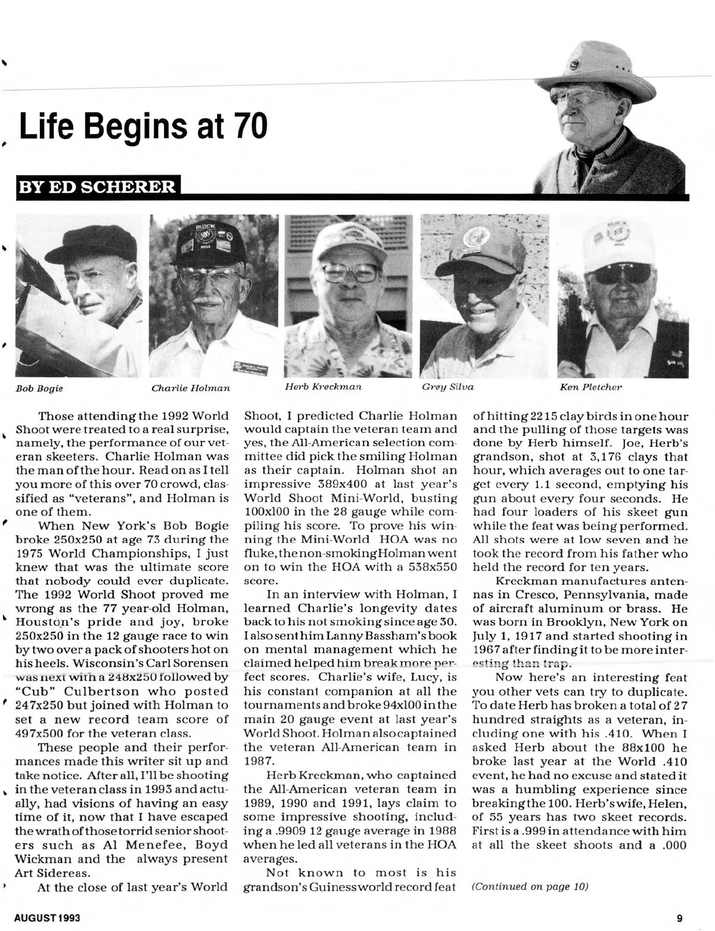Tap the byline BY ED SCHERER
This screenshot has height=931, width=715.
tap(98, 187)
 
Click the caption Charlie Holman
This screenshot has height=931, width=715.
tap(191, 389)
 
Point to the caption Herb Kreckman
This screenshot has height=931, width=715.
tap(323, 386)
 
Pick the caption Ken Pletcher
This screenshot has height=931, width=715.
tap(590, 387)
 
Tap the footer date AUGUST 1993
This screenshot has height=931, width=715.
tap(47, 918)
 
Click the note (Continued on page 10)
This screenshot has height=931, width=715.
tap(530, 886)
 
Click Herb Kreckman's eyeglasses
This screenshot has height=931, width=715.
tap(350, 272)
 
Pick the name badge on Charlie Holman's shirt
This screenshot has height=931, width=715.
tap(252, 365)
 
